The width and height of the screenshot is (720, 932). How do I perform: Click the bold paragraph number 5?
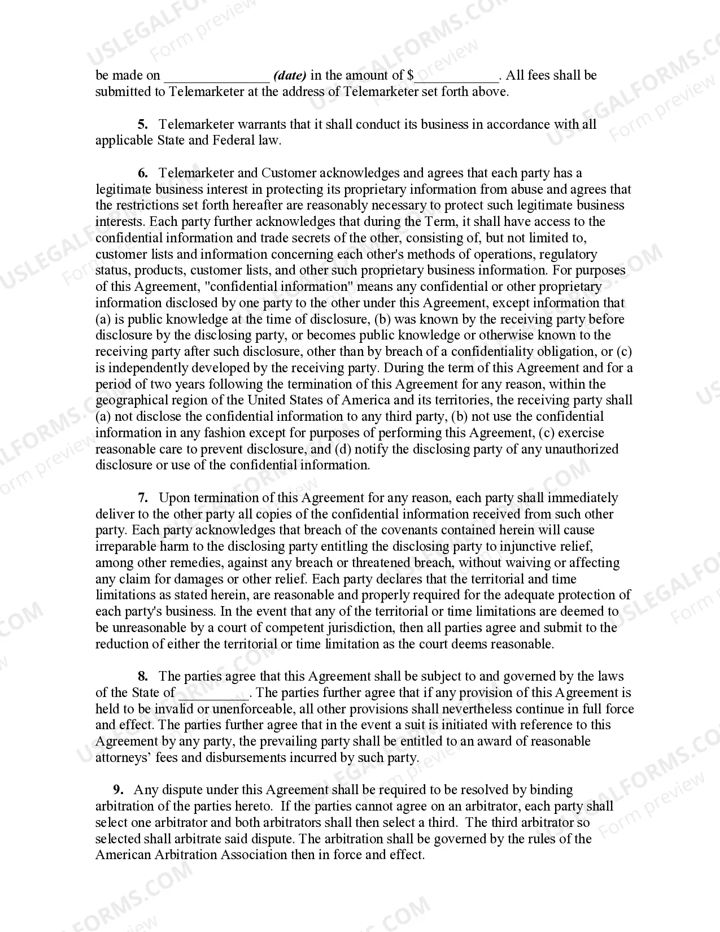point(142,124)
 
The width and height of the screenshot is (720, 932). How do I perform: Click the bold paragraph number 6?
point(142,173)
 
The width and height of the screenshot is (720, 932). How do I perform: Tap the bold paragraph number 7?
point(142,498)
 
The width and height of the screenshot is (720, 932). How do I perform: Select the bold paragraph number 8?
point(142,676)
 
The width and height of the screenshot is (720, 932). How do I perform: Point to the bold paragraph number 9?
point(117,790)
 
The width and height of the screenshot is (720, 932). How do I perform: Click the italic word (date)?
point(290,76)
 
